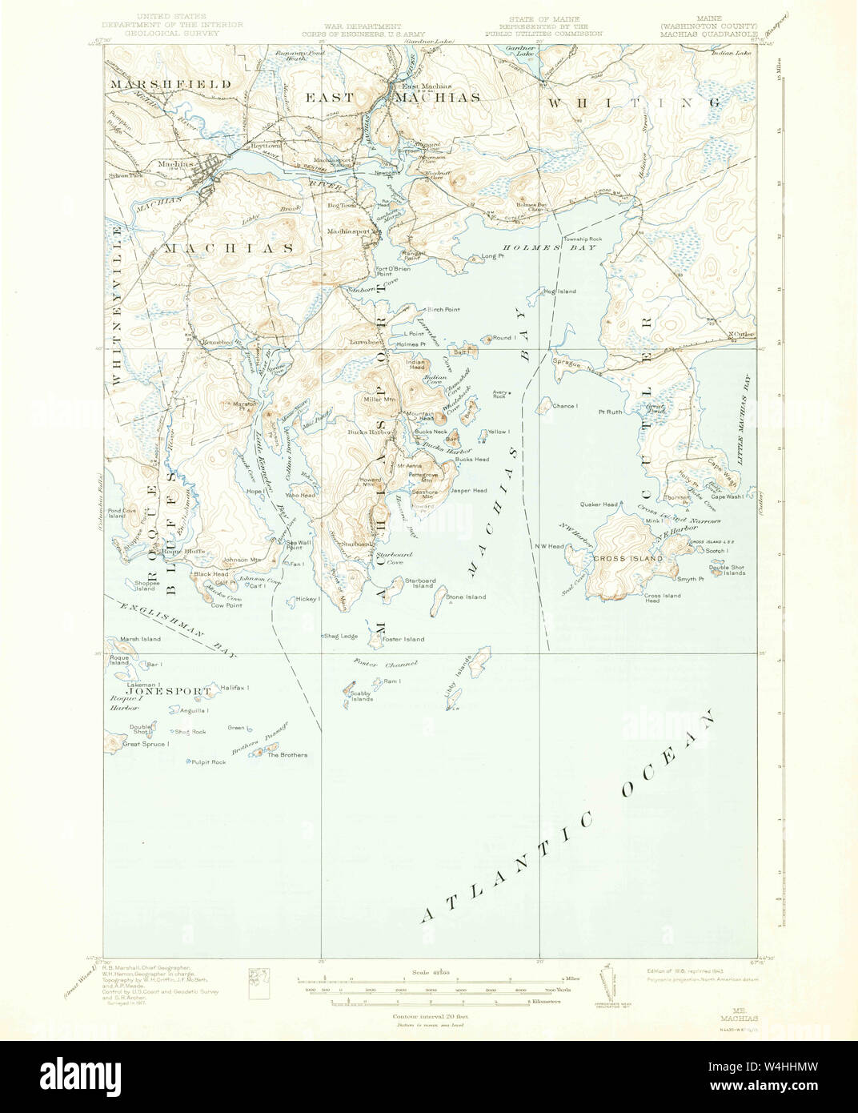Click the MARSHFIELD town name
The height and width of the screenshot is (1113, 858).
pos(170,83)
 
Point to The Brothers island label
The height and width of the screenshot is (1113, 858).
pos(287,755)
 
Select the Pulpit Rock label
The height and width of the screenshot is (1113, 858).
pos(207,761)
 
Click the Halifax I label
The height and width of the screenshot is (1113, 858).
pos(236,688)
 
